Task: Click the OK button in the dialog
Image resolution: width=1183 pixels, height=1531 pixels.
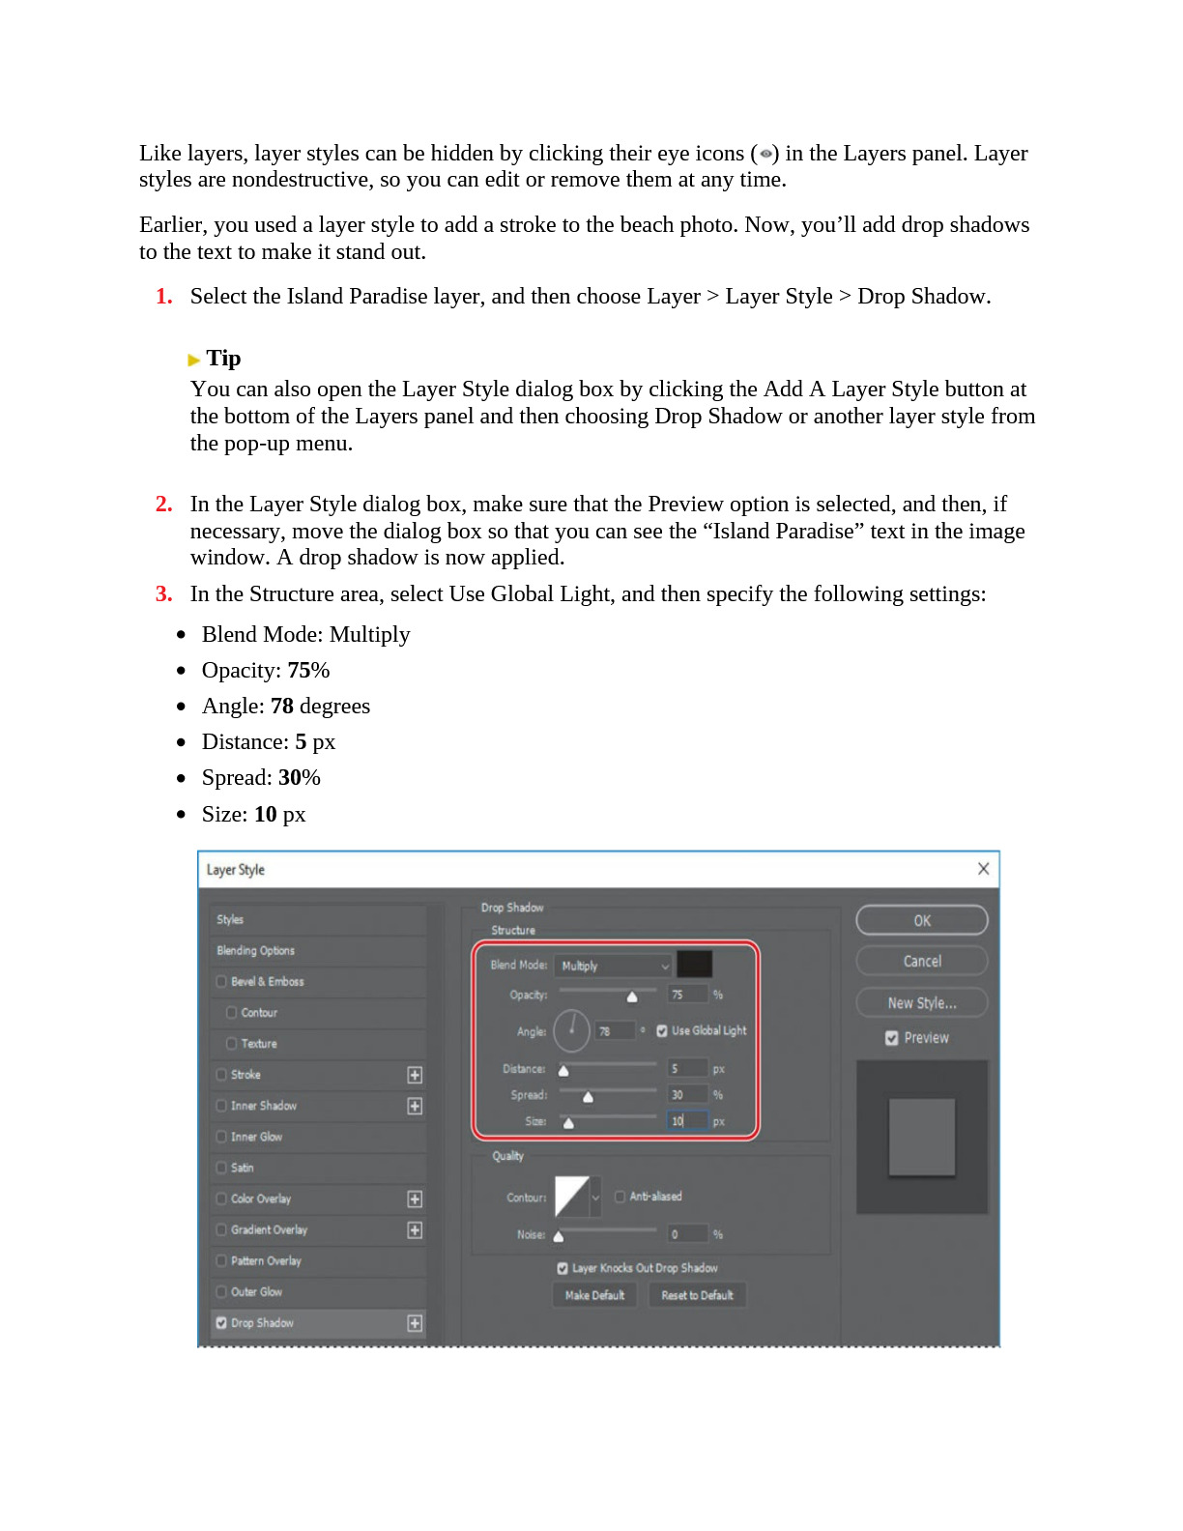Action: click(x=921, y=920)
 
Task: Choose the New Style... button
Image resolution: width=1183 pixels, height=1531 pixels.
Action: click(x=921, y=1003)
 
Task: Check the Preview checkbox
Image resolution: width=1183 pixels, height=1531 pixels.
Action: click(x=892, y=1038)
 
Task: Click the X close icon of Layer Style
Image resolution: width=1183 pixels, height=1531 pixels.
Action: click(x=983, y=869)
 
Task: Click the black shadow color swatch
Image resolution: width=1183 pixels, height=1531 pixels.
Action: click(x=694, y=964)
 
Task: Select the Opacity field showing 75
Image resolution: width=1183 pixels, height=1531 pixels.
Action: click(x=687, y=995)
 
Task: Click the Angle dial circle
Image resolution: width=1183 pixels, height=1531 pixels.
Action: click(x=571, y=1030)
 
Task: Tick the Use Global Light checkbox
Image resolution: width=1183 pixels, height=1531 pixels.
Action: click(x=662, y=1031)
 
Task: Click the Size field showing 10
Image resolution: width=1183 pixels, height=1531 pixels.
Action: click(x=687, y=1121)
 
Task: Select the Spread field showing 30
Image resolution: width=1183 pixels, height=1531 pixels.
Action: click(x=687, y=1095)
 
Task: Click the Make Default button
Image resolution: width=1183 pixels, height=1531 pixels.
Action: click(x=594, y=1295)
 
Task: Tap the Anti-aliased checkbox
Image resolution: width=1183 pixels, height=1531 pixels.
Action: click(x=620, y=1197)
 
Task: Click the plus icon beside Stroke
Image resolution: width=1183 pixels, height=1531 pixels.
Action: click(x=415, y=1075)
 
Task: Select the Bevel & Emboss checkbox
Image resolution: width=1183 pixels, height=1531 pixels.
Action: click(x=221, y=982)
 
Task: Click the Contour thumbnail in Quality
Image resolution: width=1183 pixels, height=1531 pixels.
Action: click(x=572, y=1197)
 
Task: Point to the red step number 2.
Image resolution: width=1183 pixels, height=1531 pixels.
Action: click(x=164, y=505)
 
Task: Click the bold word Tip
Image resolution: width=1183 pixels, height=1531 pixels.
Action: click(x=223, y=359)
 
